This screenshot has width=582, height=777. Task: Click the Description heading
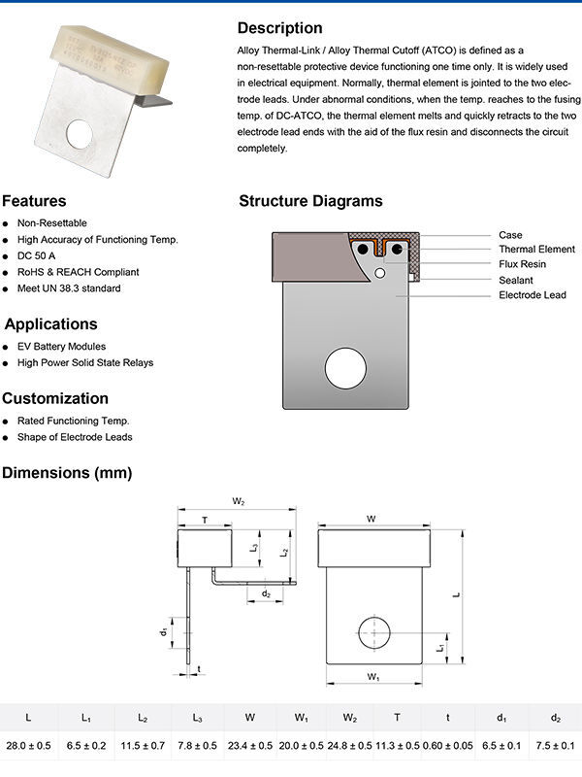pos(279,28)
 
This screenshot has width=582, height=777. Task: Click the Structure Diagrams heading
pos(310,202)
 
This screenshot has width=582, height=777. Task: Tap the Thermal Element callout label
pos(536,250)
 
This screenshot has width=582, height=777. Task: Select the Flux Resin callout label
pos(522,264)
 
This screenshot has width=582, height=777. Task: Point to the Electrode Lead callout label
pos(532,294)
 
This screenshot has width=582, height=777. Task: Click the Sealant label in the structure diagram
pos(515,280)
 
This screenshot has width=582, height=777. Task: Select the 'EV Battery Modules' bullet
pos(61,347)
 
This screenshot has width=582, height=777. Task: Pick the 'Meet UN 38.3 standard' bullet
pos(69,288)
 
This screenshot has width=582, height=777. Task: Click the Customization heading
pos(55,398)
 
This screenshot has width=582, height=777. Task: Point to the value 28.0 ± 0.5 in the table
pos(28,746)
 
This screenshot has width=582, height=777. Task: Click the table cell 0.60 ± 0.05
pos(447,746)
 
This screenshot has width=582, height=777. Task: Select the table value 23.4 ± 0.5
pos(249,746)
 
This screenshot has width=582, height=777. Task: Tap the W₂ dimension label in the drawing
pos(239,501)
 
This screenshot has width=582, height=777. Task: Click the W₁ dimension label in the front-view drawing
pos(372,675)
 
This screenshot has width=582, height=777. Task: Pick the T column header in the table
pos(397,718)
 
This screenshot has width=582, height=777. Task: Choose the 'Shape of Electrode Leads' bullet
pos(75,437)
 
